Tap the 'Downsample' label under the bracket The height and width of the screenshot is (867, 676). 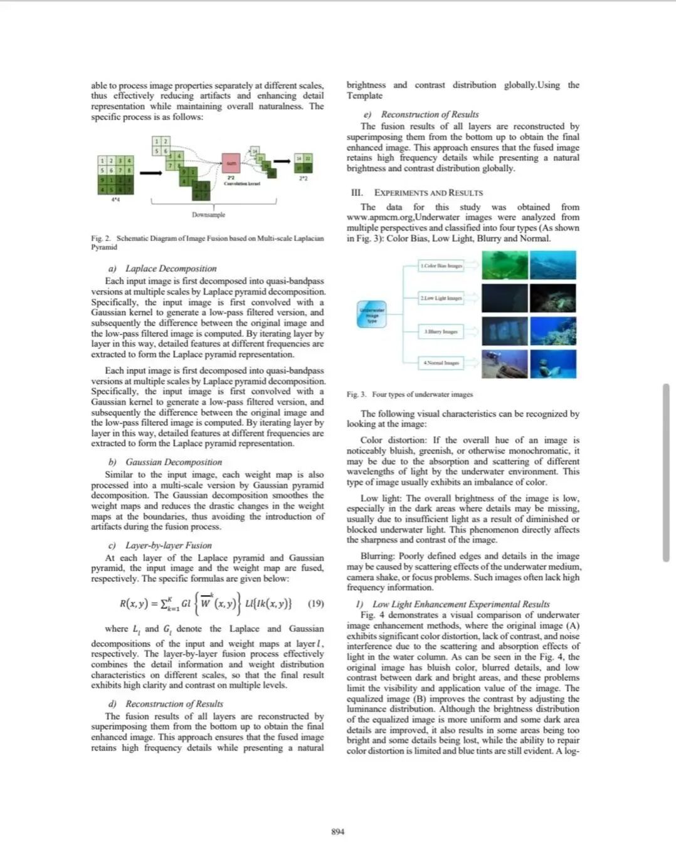[x=208, y=215]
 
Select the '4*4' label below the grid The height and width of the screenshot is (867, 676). [x=115, y=200]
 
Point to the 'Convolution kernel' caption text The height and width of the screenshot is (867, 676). [x=242, y=183]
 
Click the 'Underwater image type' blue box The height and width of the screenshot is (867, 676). [x=372, y=315]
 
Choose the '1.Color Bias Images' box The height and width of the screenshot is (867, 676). [x=441, y=266]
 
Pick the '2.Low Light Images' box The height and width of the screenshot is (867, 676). [x=441, y=298]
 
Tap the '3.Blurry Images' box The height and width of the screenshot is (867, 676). [x=441, y=331]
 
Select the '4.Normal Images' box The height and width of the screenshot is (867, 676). [x=441, y=362]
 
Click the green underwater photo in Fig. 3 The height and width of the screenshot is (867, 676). [x=504, y=265]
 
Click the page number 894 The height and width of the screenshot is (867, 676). [x=337, y=832]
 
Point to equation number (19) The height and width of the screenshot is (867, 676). [x=316, y=604]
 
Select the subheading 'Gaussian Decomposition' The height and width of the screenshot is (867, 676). [x=174, y=462]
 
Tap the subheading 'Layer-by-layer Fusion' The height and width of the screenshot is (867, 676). [x=168, y=546]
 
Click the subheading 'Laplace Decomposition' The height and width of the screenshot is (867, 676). [x=171, y=269]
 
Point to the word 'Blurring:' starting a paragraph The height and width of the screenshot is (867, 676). [x=378, y=556]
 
